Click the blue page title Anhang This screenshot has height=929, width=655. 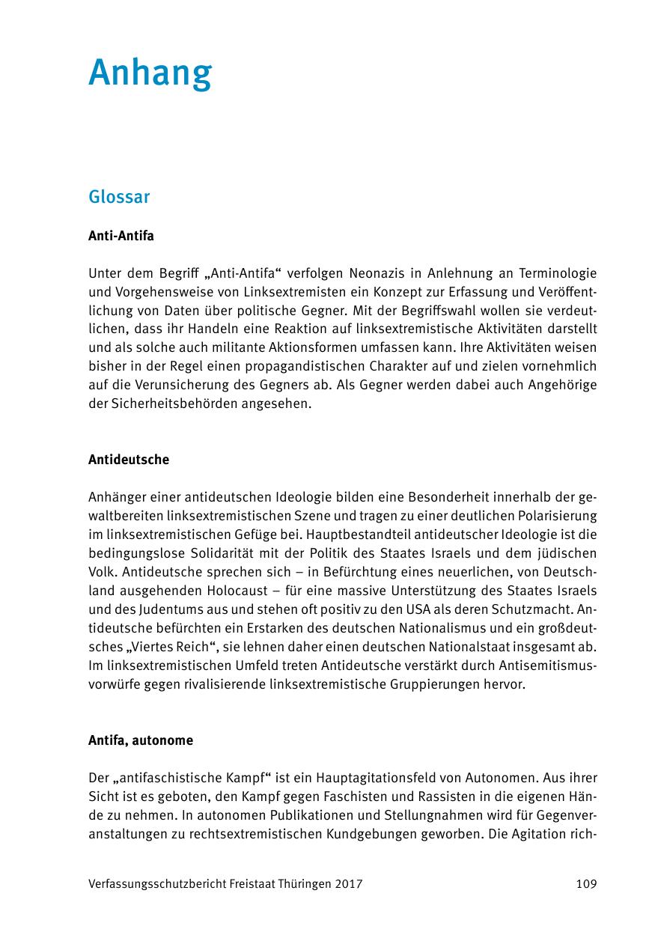click(150, 74)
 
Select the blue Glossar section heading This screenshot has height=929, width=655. click(119, 198)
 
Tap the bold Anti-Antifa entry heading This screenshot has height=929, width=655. click(121, 236)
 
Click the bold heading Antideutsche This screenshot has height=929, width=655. click(129, 460)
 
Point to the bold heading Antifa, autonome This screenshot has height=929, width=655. click(141, 740)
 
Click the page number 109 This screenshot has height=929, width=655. click(586, 884)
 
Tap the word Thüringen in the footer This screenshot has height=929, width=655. click(301, 884)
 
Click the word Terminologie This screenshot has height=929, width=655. click(554, 273)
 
